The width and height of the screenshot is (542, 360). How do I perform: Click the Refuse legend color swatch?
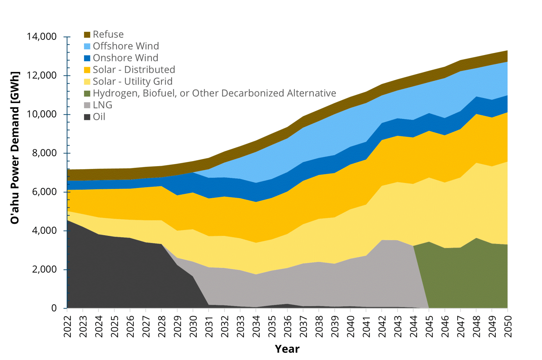pos(87,35)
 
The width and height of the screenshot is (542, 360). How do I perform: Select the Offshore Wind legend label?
pos(126,46)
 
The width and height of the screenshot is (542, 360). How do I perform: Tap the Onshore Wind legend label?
pos(125,58)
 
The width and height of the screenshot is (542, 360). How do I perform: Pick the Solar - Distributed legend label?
pos(134,69)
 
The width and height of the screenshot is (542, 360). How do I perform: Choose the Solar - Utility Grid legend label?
pos(132,81)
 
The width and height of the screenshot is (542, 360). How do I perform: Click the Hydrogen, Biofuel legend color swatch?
pos(87,93)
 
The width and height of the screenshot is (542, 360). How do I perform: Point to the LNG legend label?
pos(102,105)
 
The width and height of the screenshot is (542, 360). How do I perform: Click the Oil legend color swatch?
pos(87,117)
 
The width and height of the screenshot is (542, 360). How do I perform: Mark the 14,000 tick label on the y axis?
pos(42,37)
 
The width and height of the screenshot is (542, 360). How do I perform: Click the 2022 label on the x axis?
pos(67,326)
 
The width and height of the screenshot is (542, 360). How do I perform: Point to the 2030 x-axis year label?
pos(193,326)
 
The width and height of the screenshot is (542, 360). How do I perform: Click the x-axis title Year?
pos(287,349)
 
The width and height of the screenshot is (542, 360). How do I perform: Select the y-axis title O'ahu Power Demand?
pos(15,148)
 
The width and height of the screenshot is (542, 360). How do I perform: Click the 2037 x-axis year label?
pos(303,326)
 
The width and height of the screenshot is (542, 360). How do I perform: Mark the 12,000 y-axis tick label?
pos(42,75)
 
